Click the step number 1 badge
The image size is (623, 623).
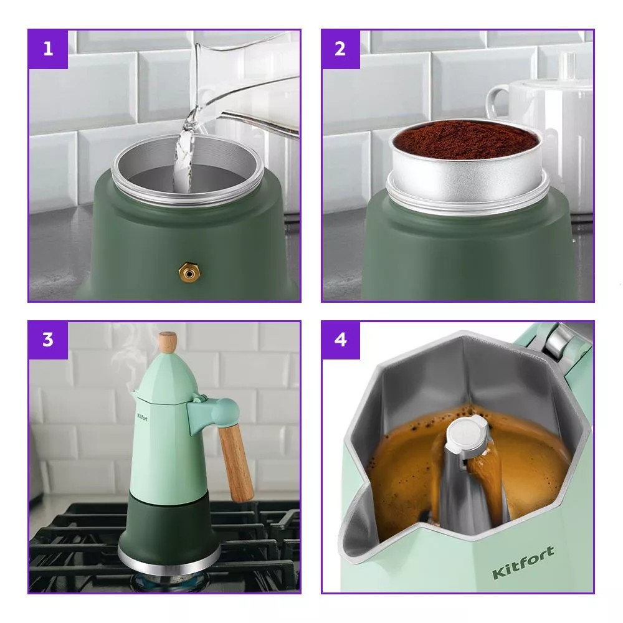pyautogui.click(x=48, y=49)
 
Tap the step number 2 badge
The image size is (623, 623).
pyautogui.click(x=341, y=49)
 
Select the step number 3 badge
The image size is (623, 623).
pyautogui.click(x=48, y=340)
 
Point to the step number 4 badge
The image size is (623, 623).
pyautogui.click(x=341, y=340)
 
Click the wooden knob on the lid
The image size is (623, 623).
pyautogui.click(x=167, y=342)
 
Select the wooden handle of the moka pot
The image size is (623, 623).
pyautogui.click(x=235, y=464)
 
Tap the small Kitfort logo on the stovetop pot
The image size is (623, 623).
pyautogui.click(x=142, y=417)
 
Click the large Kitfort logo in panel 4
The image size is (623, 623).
pyautogui.click(x=523, y=562)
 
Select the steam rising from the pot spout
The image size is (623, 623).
pyautogui.click(x=126, y=358)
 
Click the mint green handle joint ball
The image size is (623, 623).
pyautogui.click(x=225, y=412)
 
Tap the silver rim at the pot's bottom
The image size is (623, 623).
pyautogui.click(x=169, y=559)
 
